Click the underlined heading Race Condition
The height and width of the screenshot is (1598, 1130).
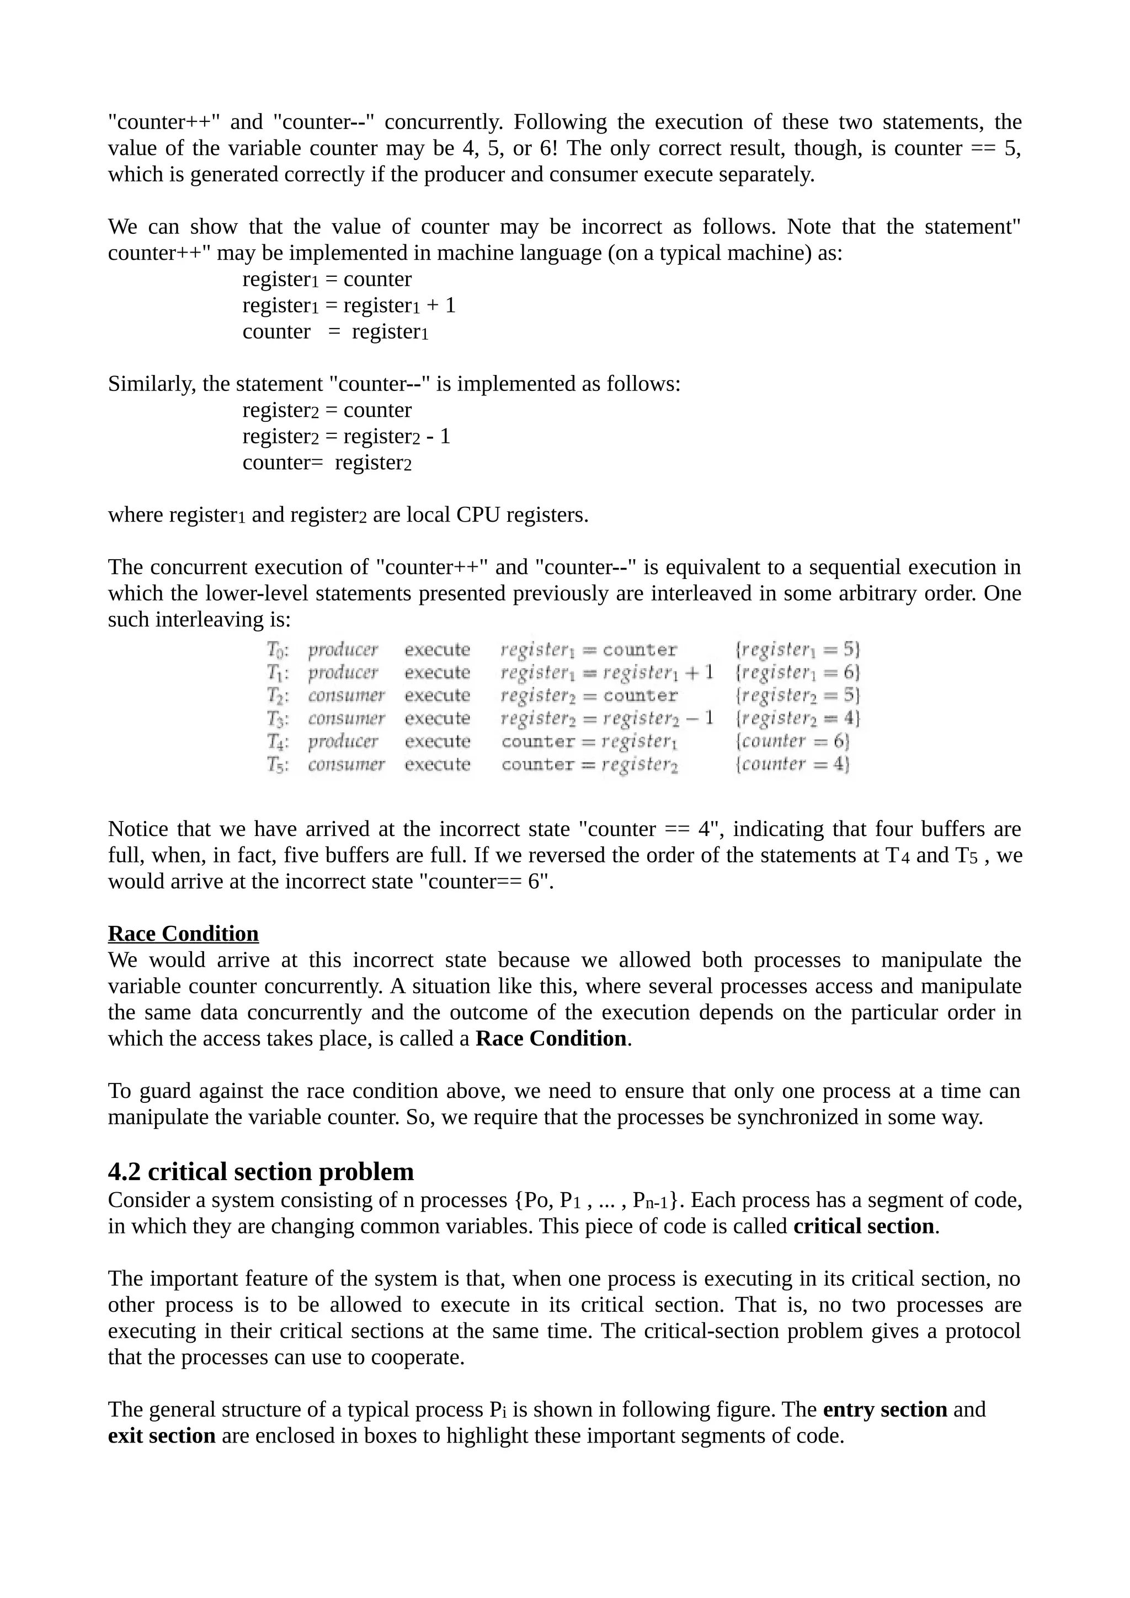click(x=183, y=934)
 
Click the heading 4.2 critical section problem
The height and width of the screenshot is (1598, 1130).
click(x=260, y=1172)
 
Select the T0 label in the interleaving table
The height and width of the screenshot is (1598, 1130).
click(x=278, y=650)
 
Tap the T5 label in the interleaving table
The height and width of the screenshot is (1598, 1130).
click(x=278, y=764)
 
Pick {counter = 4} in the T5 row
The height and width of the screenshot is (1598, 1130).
click(x=792, y=764)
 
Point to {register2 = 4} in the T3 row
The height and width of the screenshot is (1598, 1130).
click(x=798, y=718)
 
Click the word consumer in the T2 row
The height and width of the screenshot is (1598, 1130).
click(x=346, y=695)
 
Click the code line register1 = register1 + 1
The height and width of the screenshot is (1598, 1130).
click(x=348, y=305)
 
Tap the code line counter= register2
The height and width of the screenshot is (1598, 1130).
click(x=327, y=463)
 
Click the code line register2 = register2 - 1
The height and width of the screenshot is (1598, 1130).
click(x=346, y=436)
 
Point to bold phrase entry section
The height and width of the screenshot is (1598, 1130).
click(x=884, y=1409)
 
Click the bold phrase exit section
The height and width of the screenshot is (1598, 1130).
click(x=162, y=1436)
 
